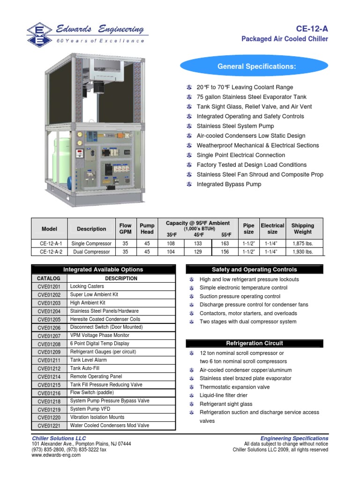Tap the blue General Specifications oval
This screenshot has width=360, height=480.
(256, 67)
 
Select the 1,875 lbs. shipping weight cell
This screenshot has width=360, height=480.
(302, 244)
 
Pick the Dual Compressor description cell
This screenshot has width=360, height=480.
(91, 252)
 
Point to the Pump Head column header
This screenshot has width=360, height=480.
(147, 228)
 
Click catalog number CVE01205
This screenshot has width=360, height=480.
(49, 319)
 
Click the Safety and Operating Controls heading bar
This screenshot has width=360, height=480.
(255, 270)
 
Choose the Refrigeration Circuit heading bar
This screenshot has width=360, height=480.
(255, 343)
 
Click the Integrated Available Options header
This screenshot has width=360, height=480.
(103, 270)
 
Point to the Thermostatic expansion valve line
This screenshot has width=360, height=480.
(234, 387)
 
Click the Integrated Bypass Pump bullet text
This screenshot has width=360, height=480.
(229, 184)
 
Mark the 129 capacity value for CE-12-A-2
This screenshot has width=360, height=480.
(198, 252)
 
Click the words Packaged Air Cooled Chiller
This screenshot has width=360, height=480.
(285, 39)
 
